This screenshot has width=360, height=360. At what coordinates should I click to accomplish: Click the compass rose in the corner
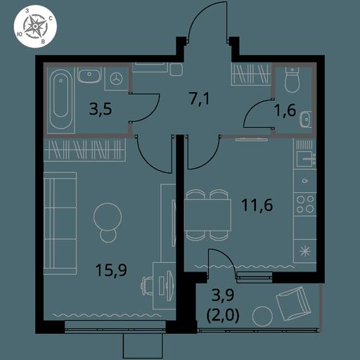coord(35,27)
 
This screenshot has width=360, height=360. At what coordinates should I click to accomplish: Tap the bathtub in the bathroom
coord(61,101)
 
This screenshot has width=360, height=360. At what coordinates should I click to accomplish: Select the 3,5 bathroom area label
coord(101,109)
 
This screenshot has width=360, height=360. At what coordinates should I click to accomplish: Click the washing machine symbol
coord(116,79)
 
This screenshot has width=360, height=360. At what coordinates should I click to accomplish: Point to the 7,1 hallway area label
coord(199,99)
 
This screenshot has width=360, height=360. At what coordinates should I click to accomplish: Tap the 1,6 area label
coord(285,110)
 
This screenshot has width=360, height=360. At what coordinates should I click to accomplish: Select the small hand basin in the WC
coord(306,120)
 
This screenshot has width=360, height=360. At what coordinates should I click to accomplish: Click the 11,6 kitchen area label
coord(257,205)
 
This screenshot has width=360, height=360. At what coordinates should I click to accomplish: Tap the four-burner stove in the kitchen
coord(305,204)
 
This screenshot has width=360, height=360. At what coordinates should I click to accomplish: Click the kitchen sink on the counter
coord(304,159)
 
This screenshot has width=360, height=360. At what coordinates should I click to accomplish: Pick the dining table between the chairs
coord(207,215)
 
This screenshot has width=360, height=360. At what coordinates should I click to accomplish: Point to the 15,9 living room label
coord(111,270)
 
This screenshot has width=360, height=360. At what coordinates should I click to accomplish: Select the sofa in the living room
coord(60,224)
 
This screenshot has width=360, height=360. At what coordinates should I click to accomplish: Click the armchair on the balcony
coord(294,303)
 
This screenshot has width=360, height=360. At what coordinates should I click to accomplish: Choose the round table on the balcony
coord(262,316)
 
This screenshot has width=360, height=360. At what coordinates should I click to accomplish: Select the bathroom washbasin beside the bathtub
coord(89,75)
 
